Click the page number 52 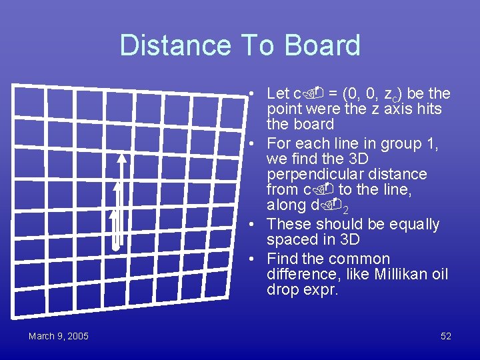pos(446,336)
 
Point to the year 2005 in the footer pos(77,336)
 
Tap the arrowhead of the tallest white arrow pos(121,159)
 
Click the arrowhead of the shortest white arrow pos(113,214)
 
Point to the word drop pos(283,290)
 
